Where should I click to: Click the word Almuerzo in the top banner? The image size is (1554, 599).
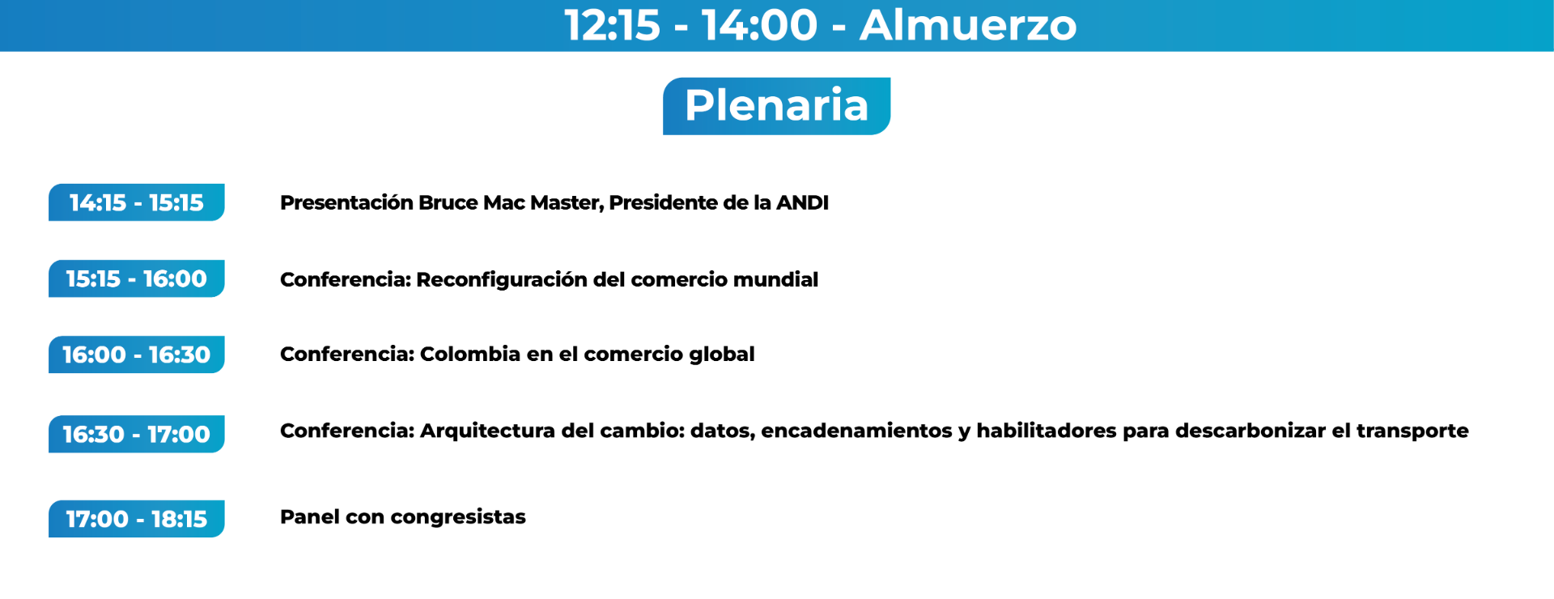(968, 25)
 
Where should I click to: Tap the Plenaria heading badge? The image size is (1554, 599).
(776, 106)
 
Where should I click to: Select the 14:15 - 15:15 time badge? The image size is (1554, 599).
(136, 202)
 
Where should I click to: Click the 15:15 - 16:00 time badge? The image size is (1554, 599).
(136, 278)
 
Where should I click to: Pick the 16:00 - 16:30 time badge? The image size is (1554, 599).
(136, 355)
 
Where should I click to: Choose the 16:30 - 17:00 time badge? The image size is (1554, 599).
(136, 434)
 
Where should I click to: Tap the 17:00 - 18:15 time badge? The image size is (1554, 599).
(136, 519)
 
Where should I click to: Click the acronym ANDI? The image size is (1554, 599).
(802, 202)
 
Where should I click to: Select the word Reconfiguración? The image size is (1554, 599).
(502, 280)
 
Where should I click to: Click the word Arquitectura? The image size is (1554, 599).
(487, 431)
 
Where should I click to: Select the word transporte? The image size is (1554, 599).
(1412, 431)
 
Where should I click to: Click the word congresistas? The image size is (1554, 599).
(458, 517)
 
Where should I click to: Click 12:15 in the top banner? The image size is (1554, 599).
(612, 25)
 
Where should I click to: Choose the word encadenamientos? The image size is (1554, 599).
(856, 431)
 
